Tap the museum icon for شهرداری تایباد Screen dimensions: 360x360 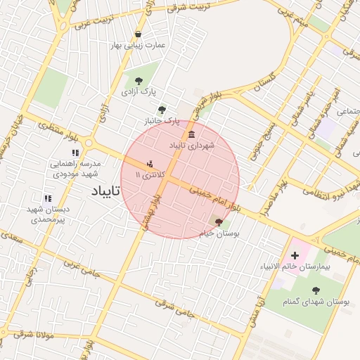tap(192, 134)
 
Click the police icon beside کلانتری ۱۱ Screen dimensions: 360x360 tap(148, 164)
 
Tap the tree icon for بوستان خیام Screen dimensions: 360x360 tap(219, 221)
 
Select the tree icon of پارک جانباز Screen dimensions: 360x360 tap(162, 110)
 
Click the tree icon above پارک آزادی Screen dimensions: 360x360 tap(138, 82)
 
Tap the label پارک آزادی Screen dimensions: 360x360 tap(138, 92)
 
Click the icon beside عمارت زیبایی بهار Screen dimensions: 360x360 tap(138, 34)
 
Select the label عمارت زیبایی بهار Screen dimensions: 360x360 tap(138, 45)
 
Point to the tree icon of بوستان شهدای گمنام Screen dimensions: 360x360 tap(314, 289)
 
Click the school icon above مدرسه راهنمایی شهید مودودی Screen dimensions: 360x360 tap(75, 153)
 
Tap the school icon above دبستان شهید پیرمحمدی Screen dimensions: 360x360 tap(48, 199)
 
